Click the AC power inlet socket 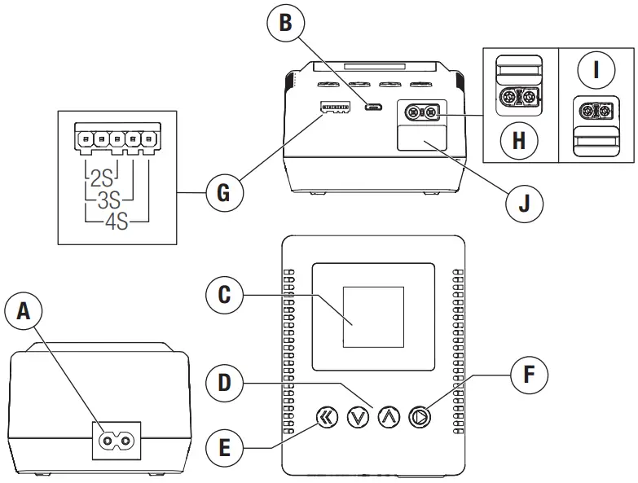point(116,441)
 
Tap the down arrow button point(358,418)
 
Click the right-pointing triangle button point(420,418)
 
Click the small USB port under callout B point(375,107)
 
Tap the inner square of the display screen point(373,318)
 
